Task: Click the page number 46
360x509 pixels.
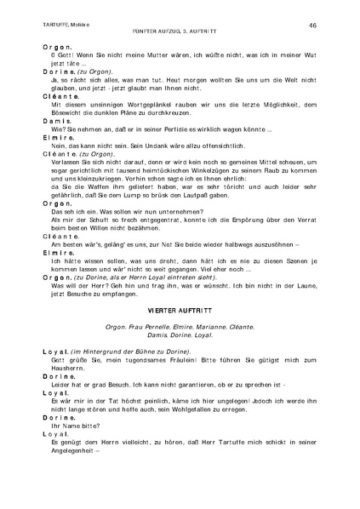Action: point(312,26)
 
